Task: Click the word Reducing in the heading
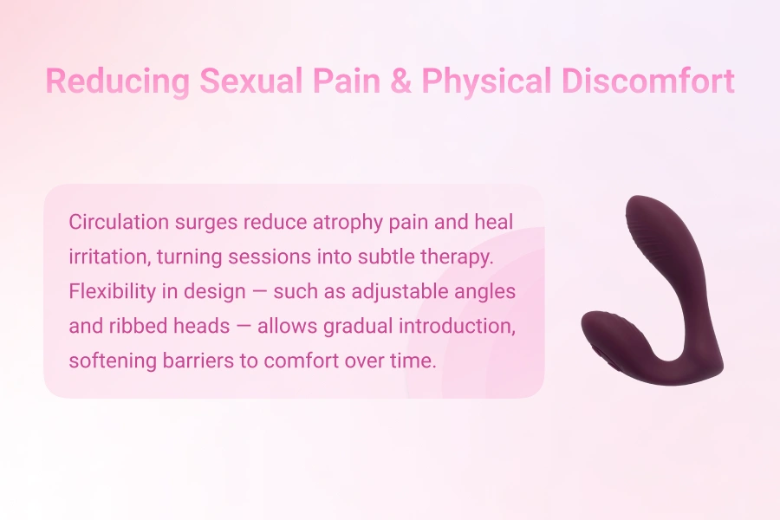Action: coord(118,81)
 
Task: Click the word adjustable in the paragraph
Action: coord(401,291)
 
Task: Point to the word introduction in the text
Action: coord(460,326)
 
